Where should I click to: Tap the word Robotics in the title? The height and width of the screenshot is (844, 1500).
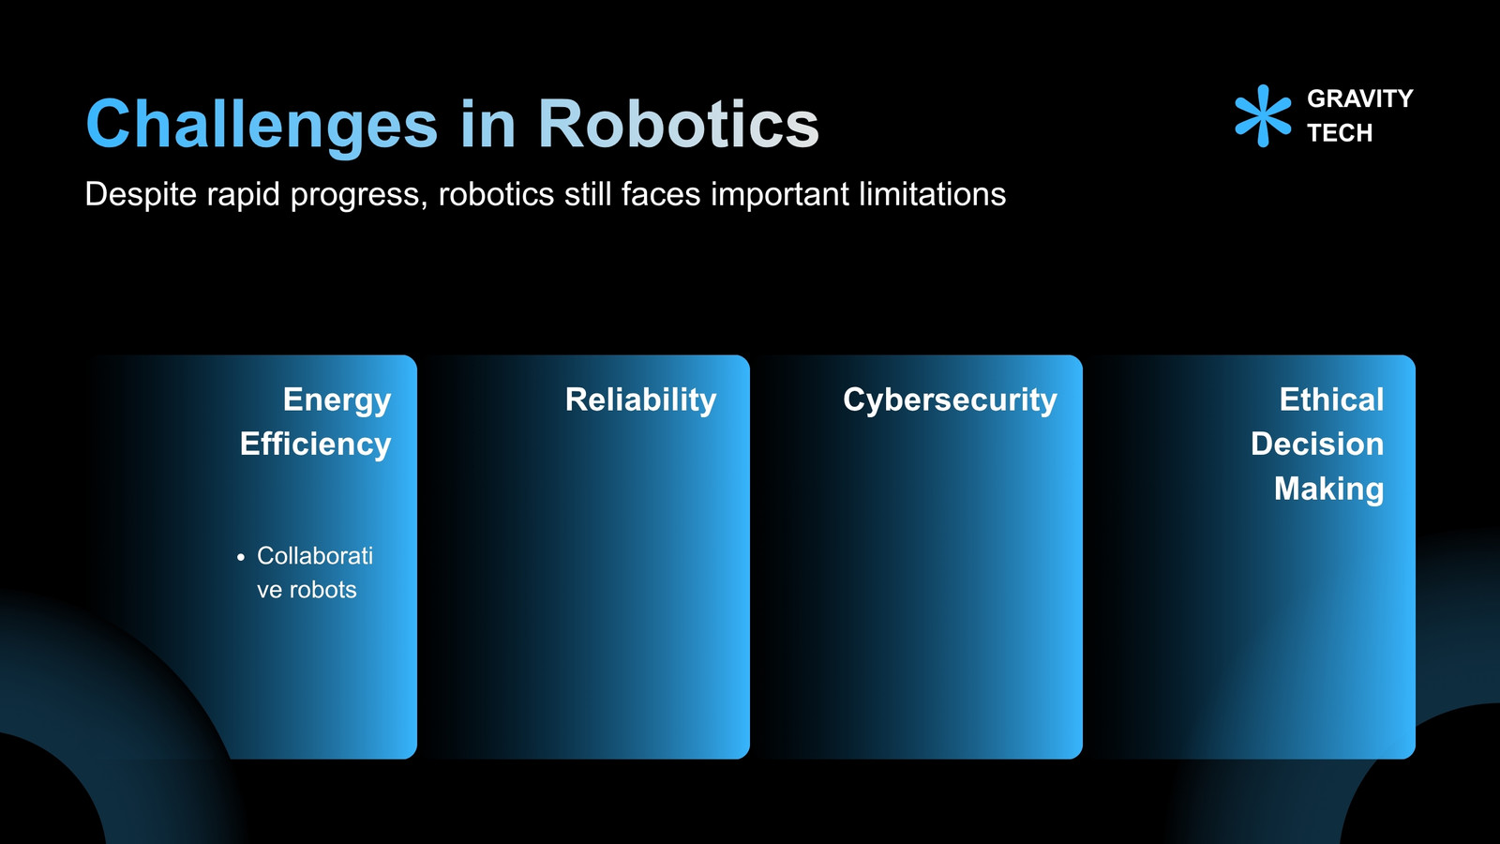679,123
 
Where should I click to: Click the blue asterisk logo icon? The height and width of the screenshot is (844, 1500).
1263,116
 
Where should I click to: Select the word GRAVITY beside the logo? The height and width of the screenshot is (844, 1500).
1360,98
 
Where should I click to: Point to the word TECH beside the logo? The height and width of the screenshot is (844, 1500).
1340,132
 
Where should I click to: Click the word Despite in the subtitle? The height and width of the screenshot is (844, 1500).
141,195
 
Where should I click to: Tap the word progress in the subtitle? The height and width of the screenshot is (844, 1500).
358,196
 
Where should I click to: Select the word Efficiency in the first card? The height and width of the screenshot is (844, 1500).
315,445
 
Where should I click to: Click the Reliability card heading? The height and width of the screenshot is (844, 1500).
641,400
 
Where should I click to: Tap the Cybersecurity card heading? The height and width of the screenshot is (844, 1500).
951,400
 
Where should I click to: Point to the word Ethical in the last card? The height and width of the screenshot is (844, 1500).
1331,399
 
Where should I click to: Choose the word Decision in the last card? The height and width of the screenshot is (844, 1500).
1317,445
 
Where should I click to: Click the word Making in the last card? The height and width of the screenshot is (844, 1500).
1328,490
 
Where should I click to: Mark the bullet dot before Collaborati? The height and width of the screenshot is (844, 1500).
241,557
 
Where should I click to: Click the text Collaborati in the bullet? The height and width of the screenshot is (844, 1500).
315,556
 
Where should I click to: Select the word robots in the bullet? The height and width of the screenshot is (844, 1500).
322,590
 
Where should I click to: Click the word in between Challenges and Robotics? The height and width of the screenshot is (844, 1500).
488,123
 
